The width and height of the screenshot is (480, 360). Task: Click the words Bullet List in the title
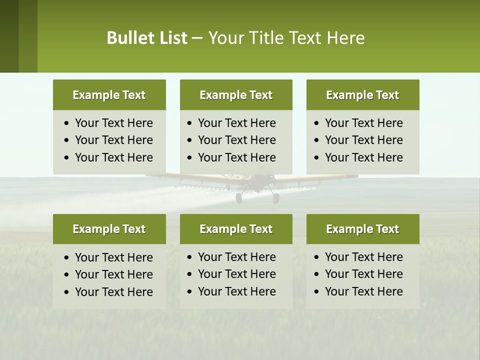pyautogui.click(x=147, y=38)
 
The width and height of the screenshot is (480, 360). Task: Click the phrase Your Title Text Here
pyautogui.click(x=286, y=38)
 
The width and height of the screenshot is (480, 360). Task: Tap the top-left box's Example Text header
pyautogui.click(x=109, y=95)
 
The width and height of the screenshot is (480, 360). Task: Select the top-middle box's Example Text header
pyautogui.click(x=236, y=95)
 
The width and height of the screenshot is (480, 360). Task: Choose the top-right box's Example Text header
pyautogui.click(x=362, y=95)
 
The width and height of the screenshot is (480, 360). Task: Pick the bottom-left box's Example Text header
pyautogui.click(x=109, y=229)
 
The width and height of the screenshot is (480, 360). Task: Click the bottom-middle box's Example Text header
pyautogui.click(x=236, y=229)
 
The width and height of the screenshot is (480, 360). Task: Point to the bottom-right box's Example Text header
pyautogui.click(x=362, y=229)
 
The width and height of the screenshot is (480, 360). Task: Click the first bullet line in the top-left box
pyautogui.click(x=113, y=123)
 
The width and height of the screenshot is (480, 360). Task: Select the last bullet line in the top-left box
pyautogui.click(x=113, y=157)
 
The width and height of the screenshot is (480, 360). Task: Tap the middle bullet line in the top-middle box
pyautogui.click(x=236, y=140)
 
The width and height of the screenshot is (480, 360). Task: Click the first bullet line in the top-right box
pyautogui.click(x=363, y=123)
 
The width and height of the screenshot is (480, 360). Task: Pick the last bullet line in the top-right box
pyautogui.click(x=363, y=157)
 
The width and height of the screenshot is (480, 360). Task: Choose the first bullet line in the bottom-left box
pyautogui.click(x=113, y=257)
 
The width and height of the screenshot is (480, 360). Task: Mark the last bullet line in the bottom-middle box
pyautogui.click(x=236, y=291)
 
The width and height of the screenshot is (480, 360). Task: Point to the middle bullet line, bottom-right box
pyautogui.click(x=363, y=274)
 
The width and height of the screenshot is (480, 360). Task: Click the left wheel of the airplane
pyautogui.click(x=239, y=198)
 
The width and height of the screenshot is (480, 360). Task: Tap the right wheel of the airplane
pyautogui.click(x=275, y=198)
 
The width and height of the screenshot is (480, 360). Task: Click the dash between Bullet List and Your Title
pyautogui.click(x=197, y=38)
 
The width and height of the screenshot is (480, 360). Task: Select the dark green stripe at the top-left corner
pyautogui.click(x=9, y=36)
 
